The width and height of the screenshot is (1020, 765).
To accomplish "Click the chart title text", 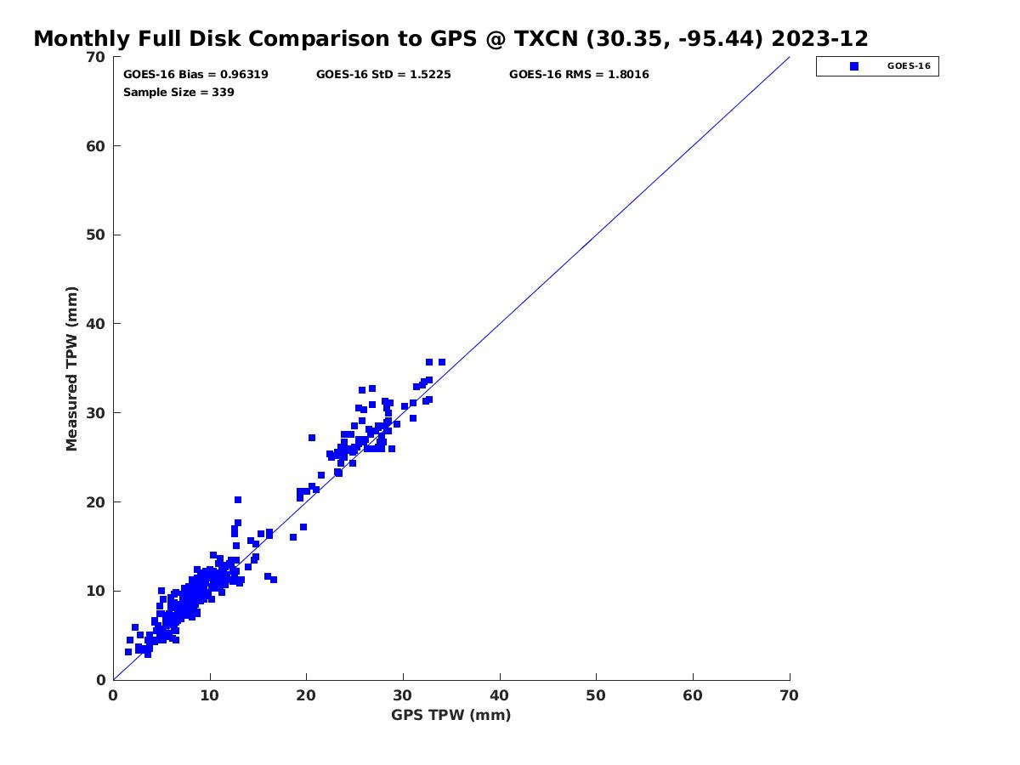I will point(450,38).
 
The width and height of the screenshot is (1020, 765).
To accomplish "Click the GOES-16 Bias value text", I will point(195,75).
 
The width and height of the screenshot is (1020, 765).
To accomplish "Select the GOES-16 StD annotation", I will point(383,75).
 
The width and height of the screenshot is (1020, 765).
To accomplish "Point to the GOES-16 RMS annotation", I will point(579,75).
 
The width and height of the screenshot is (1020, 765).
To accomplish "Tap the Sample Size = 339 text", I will point(178,93).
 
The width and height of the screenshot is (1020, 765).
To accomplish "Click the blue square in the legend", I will point(853,66).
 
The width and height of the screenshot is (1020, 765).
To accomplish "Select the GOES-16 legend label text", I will point(909,66).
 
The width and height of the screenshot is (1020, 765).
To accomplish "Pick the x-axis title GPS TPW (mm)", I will point(450,715).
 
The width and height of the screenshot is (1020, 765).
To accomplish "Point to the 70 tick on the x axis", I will point(790,695).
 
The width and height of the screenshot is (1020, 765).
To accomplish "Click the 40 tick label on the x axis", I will point(500,695).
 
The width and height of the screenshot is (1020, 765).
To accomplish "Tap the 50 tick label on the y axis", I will point(96,235).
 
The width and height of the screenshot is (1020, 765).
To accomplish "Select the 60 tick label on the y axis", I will point(96,146).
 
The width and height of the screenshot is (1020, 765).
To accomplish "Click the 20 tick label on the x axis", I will point(306,695).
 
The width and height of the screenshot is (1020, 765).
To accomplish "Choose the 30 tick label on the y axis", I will point(96,413).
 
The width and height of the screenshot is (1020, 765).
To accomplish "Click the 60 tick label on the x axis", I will point(693,695).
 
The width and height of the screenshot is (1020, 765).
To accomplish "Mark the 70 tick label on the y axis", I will point(96,57).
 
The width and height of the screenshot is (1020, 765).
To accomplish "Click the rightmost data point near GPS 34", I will point(441,362).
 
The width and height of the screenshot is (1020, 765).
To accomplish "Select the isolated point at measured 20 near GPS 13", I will point(238,500).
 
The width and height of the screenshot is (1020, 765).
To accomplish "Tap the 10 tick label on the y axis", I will point(96,591).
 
